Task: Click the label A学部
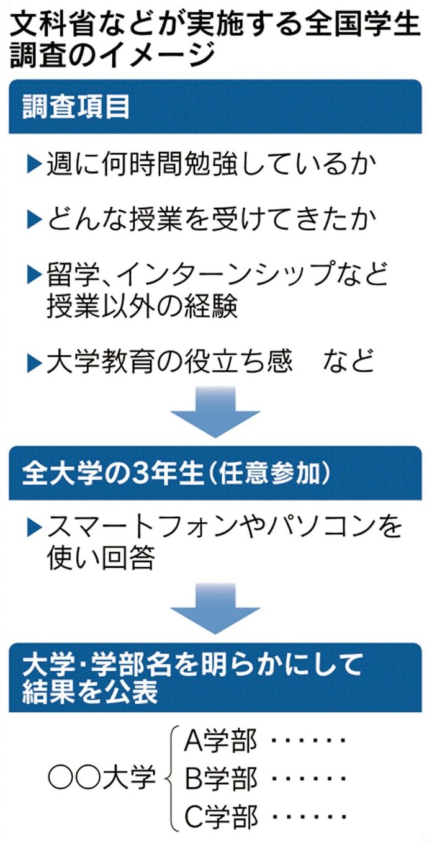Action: pyautogui.click(x=220, y=741)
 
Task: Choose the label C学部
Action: pyautogui.click(x=220, y=815)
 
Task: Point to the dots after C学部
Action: pyautogui.click(x=307, y=815)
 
